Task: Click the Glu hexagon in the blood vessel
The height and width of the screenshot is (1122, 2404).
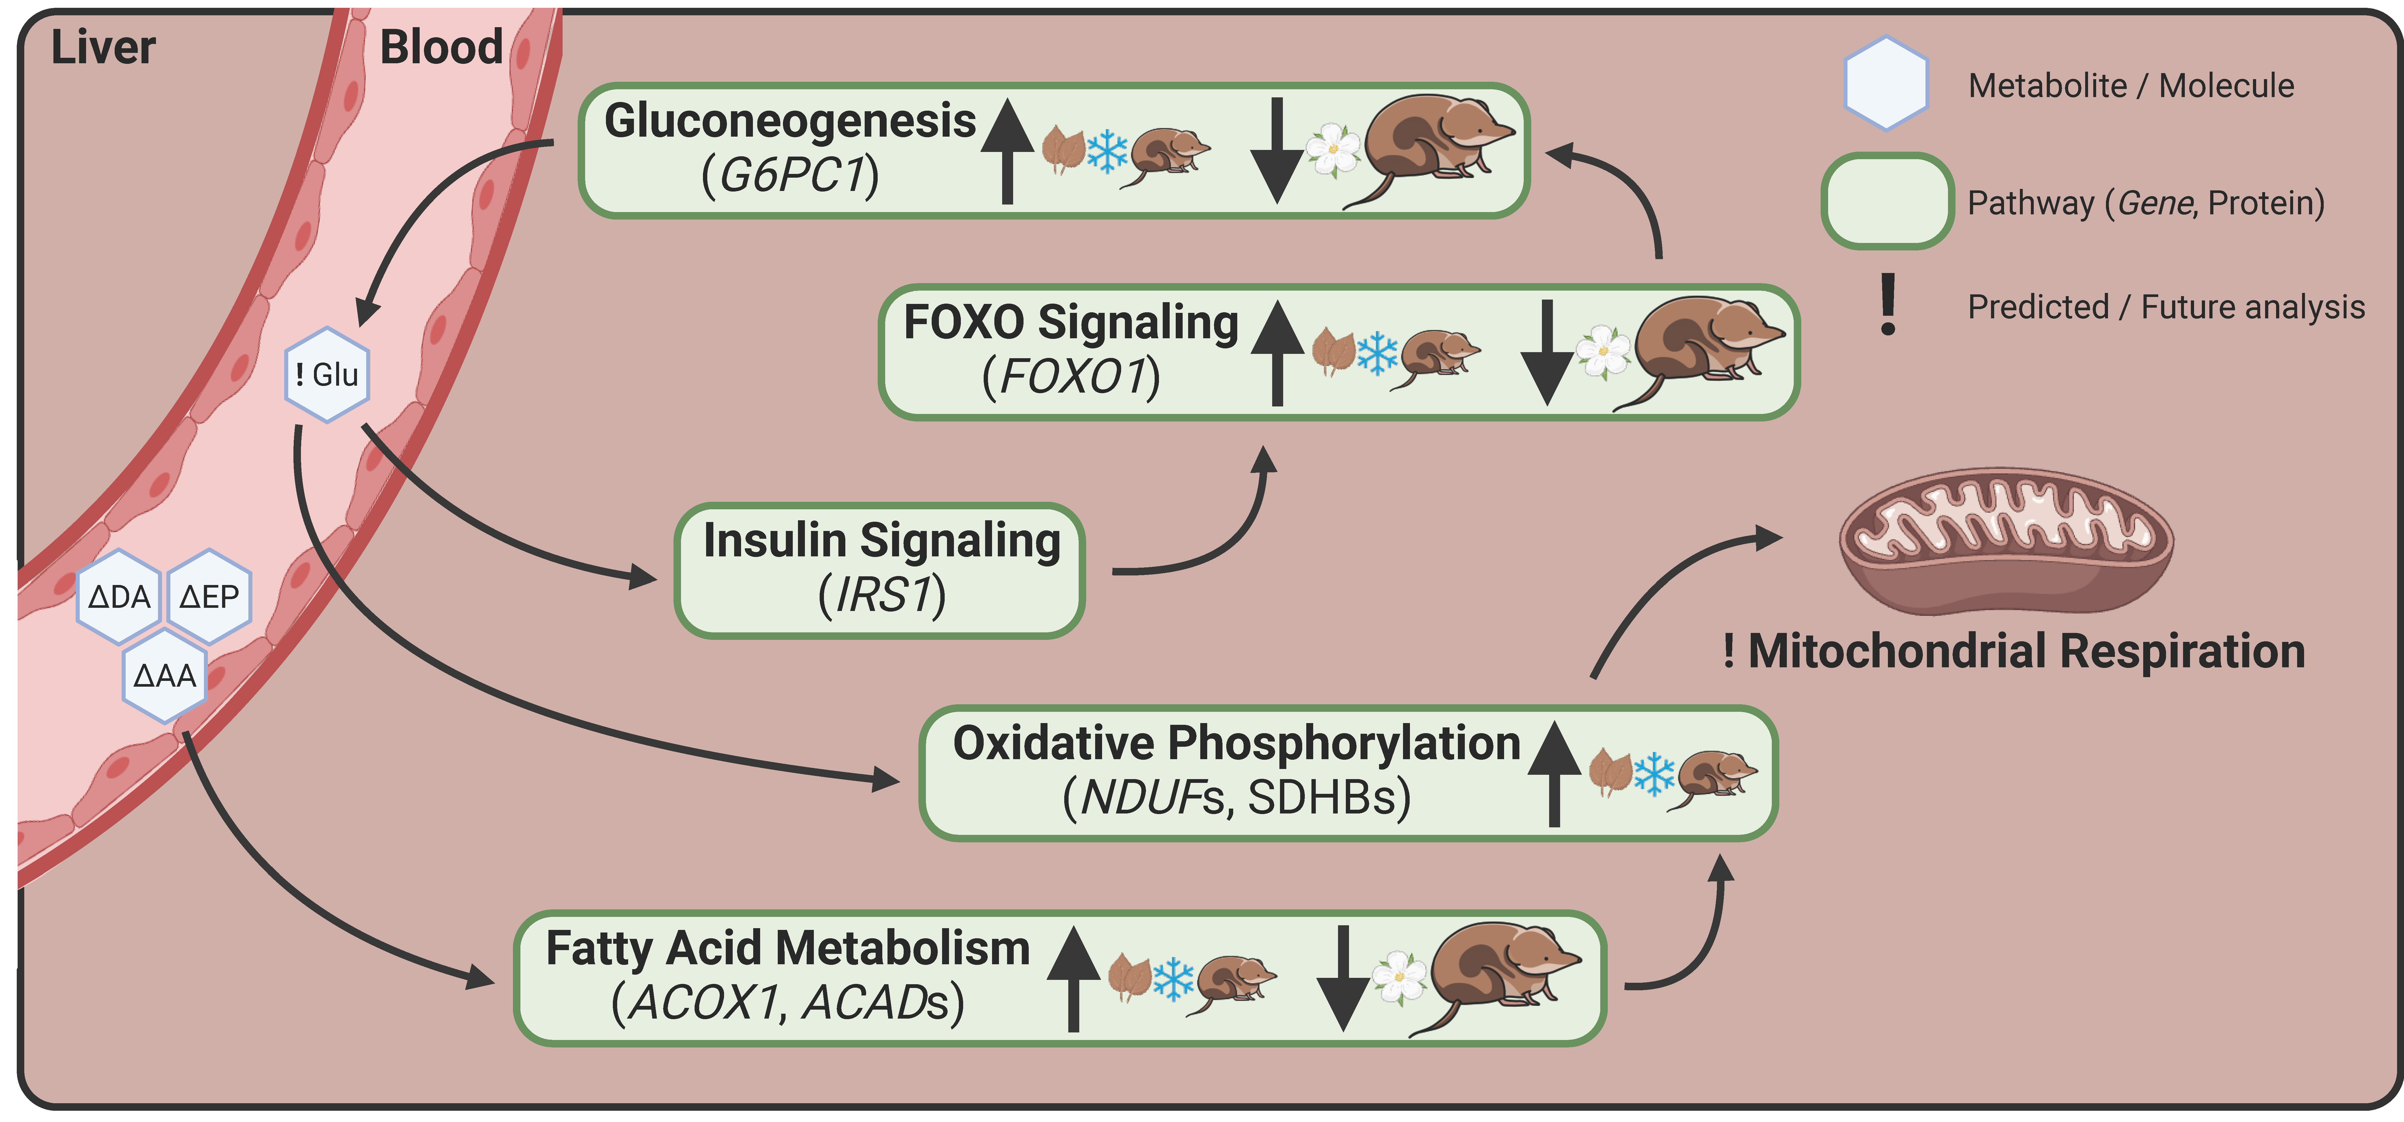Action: (x=327, y=374)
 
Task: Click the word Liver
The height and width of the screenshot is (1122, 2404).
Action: (x=103, y=47)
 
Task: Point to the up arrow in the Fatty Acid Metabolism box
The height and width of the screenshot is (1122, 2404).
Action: (x=1073, y=977)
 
